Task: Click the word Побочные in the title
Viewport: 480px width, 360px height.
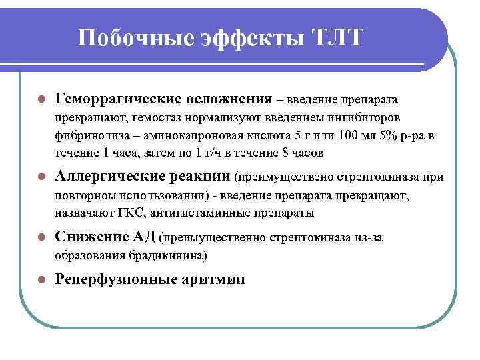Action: (x=135, y=38)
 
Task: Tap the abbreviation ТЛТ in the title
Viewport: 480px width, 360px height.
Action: (x=337, y=38)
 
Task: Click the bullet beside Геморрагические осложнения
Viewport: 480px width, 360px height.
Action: (x=41, y=100)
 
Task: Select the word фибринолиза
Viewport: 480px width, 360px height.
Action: (x=85, y=136)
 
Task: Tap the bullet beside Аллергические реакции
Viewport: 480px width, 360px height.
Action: (x=41, y=177)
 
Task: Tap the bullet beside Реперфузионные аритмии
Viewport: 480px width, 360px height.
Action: (x=41, y=280)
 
